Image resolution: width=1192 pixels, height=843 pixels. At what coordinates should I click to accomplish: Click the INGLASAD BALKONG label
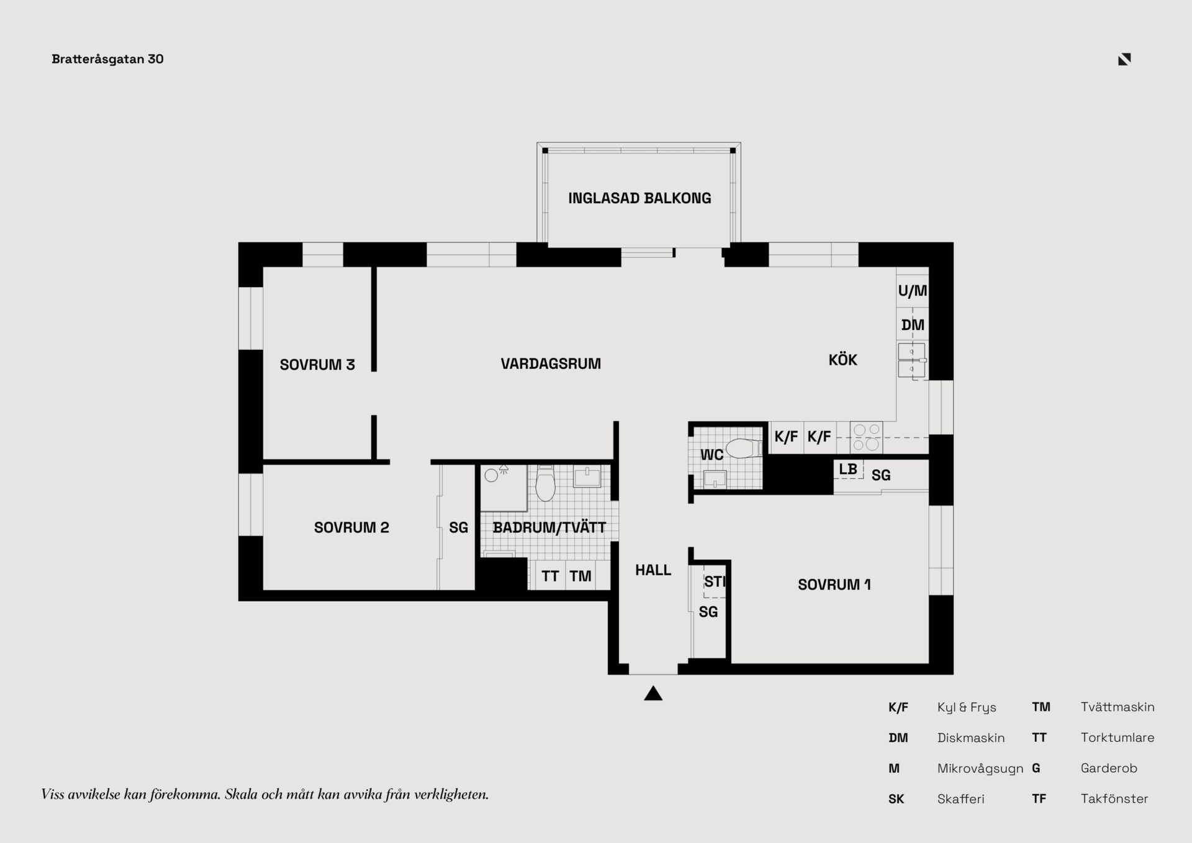pos(639,198)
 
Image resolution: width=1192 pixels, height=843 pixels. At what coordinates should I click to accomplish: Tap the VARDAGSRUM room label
pos(551,363)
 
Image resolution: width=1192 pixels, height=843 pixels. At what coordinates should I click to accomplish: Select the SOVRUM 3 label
pos(317,365)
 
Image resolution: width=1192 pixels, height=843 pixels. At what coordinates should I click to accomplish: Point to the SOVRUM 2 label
pos(351,527)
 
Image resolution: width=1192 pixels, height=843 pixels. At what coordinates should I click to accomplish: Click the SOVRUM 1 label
pos(834,585)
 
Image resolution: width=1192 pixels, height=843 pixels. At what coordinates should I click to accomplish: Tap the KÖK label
pos(842,360)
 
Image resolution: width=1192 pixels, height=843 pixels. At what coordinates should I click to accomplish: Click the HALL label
pos(653,570)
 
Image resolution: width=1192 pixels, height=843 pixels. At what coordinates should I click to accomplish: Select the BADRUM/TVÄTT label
pos(549,527)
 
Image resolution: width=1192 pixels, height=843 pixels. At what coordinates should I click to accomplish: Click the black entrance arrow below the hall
pos(653,693)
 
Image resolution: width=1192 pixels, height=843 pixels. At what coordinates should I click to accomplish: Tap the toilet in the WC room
pos(744,448)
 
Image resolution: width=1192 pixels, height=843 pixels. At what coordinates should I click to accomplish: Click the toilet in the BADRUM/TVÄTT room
pos(545,483)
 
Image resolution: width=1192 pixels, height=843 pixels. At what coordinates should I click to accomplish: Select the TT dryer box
pos(550,575)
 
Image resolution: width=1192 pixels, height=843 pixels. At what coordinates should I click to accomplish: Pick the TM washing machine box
pos(580,575)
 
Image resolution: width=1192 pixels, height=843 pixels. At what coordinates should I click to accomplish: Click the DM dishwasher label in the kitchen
pos(913,325)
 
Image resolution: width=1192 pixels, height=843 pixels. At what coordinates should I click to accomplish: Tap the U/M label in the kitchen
pos(913,290)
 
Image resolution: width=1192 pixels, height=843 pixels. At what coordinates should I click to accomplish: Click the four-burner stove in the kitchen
pos(866,437)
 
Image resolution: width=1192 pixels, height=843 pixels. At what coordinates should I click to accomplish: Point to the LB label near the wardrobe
pos(848,469)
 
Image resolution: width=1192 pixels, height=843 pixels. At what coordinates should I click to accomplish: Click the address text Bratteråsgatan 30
pos(107,59)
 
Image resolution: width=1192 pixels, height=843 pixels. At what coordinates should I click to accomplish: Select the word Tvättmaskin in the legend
pos(1117,707)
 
